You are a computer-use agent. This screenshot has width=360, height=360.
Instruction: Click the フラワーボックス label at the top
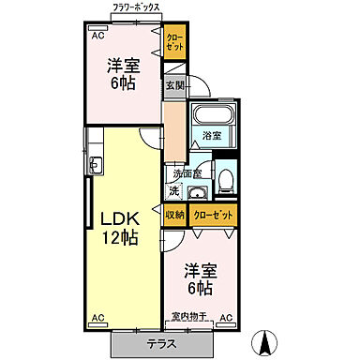click(135, 8)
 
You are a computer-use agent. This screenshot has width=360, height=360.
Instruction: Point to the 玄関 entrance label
click(175, 85)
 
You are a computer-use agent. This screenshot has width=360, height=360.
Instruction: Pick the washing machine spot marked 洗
click(173, 191)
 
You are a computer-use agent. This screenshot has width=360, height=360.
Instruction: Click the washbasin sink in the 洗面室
click(198, 193)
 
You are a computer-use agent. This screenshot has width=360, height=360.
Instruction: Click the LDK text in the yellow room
click(120, 218)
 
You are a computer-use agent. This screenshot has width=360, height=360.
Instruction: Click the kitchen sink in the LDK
click(96, 165)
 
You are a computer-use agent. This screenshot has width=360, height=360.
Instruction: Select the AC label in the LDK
click(97, 319)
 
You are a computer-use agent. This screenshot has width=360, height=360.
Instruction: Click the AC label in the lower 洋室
click(226, 319)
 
